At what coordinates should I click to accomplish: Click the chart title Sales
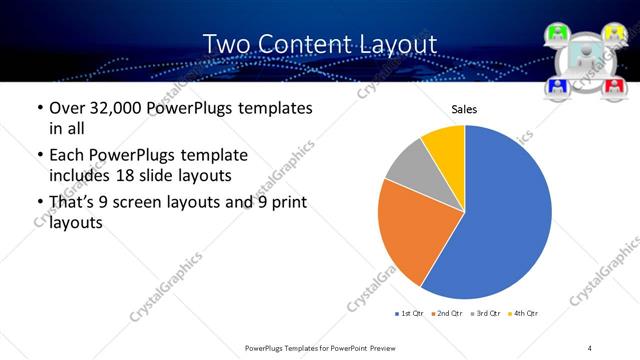click(x=465, y=109)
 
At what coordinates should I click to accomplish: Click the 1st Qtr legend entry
click(x=410, y=314)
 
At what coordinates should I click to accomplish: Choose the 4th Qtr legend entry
click(x=522, y=314)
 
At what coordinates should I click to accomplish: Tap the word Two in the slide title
click(x=228, y=44)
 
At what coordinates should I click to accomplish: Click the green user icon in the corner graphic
click(x=558, y=34)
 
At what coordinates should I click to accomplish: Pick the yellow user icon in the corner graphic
click(x=616, y=34)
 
